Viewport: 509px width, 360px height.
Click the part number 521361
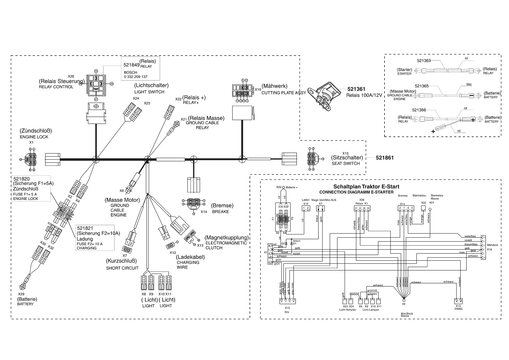[x=356, y=89]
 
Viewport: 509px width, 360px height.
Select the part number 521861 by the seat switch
[x=385, y=158]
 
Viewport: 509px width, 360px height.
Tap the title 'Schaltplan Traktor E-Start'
[x=366, y=187]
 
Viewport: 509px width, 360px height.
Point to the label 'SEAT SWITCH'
[x=346, y=163]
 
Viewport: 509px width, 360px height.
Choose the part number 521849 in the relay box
[x=131, y=65]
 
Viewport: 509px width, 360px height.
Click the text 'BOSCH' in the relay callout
[x=130, y=72]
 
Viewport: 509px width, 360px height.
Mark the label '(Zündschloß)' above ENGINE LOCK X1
[x=36, y=131]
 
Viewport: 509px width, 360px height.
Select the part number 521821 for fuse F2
[x=85, y=228]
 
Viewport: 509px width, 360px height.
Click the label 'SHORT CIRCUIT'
[x=122, y=268]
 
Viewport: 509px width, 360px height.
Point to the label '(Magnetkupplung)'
[x=227, y=237]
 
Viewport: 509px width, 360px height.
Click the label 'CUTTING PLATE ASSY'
[x=284, y=93]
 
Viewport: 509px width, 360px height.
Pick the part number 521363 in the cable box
[x=424, y=61]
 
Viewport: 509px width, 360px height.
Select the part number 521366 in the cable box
[x=419, y=110]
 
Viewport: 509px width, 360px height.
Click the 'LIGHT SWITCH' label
[x=149, y=92]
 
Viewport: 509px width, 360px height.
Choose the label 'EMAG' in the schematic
[x=459, y=309]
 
